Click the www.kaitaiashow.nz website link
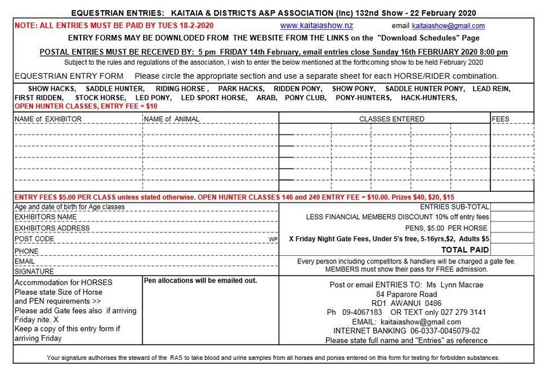[316, 26]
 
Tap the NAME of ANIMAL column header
[172, 119]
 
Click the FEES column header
[501, 119]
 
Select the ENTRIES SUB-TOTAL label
[454, 207]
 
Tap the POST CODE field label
[34, 239]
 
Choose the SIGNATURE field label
[34, 271]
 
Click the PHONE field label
[26, 251]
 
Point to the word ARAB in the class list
[266, 98]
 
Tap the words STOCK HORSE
[98, 98]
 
